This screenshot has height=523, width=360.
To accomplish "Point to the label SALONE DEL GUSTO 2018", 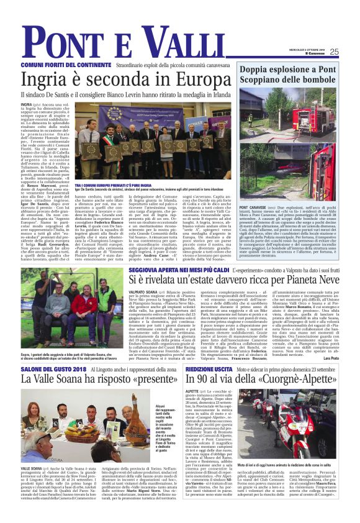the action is click(48, 369).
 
